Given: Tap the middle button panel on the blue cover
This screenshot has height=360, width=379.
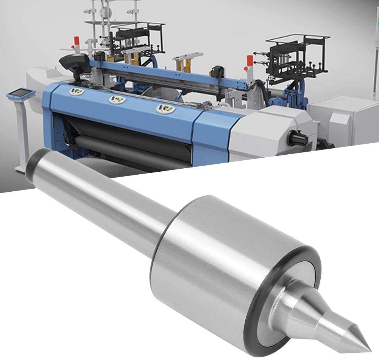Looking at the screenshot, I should pos(117,100).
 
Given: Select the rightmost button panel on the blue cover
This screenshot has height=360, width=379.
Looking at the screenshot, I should pos(165,109).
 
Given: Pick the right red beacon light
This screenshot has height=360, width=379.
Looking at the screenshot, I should pos(250,61).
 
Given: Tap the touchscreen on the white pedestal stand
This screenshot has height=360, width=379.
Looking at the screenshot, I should pos(18,93).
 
